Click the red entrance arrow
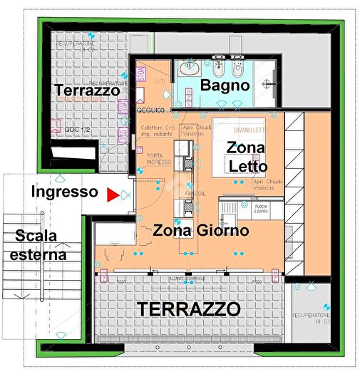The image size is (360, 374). coord(111,194)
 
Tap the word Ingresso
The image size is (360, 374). coord(64,192)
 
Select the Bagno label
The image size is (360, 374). coord(225,85)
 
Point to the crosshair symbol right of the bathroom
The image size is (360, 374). coord(269,84)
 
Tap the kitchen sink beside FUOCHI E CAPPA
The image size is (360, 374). coord(231,210)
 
